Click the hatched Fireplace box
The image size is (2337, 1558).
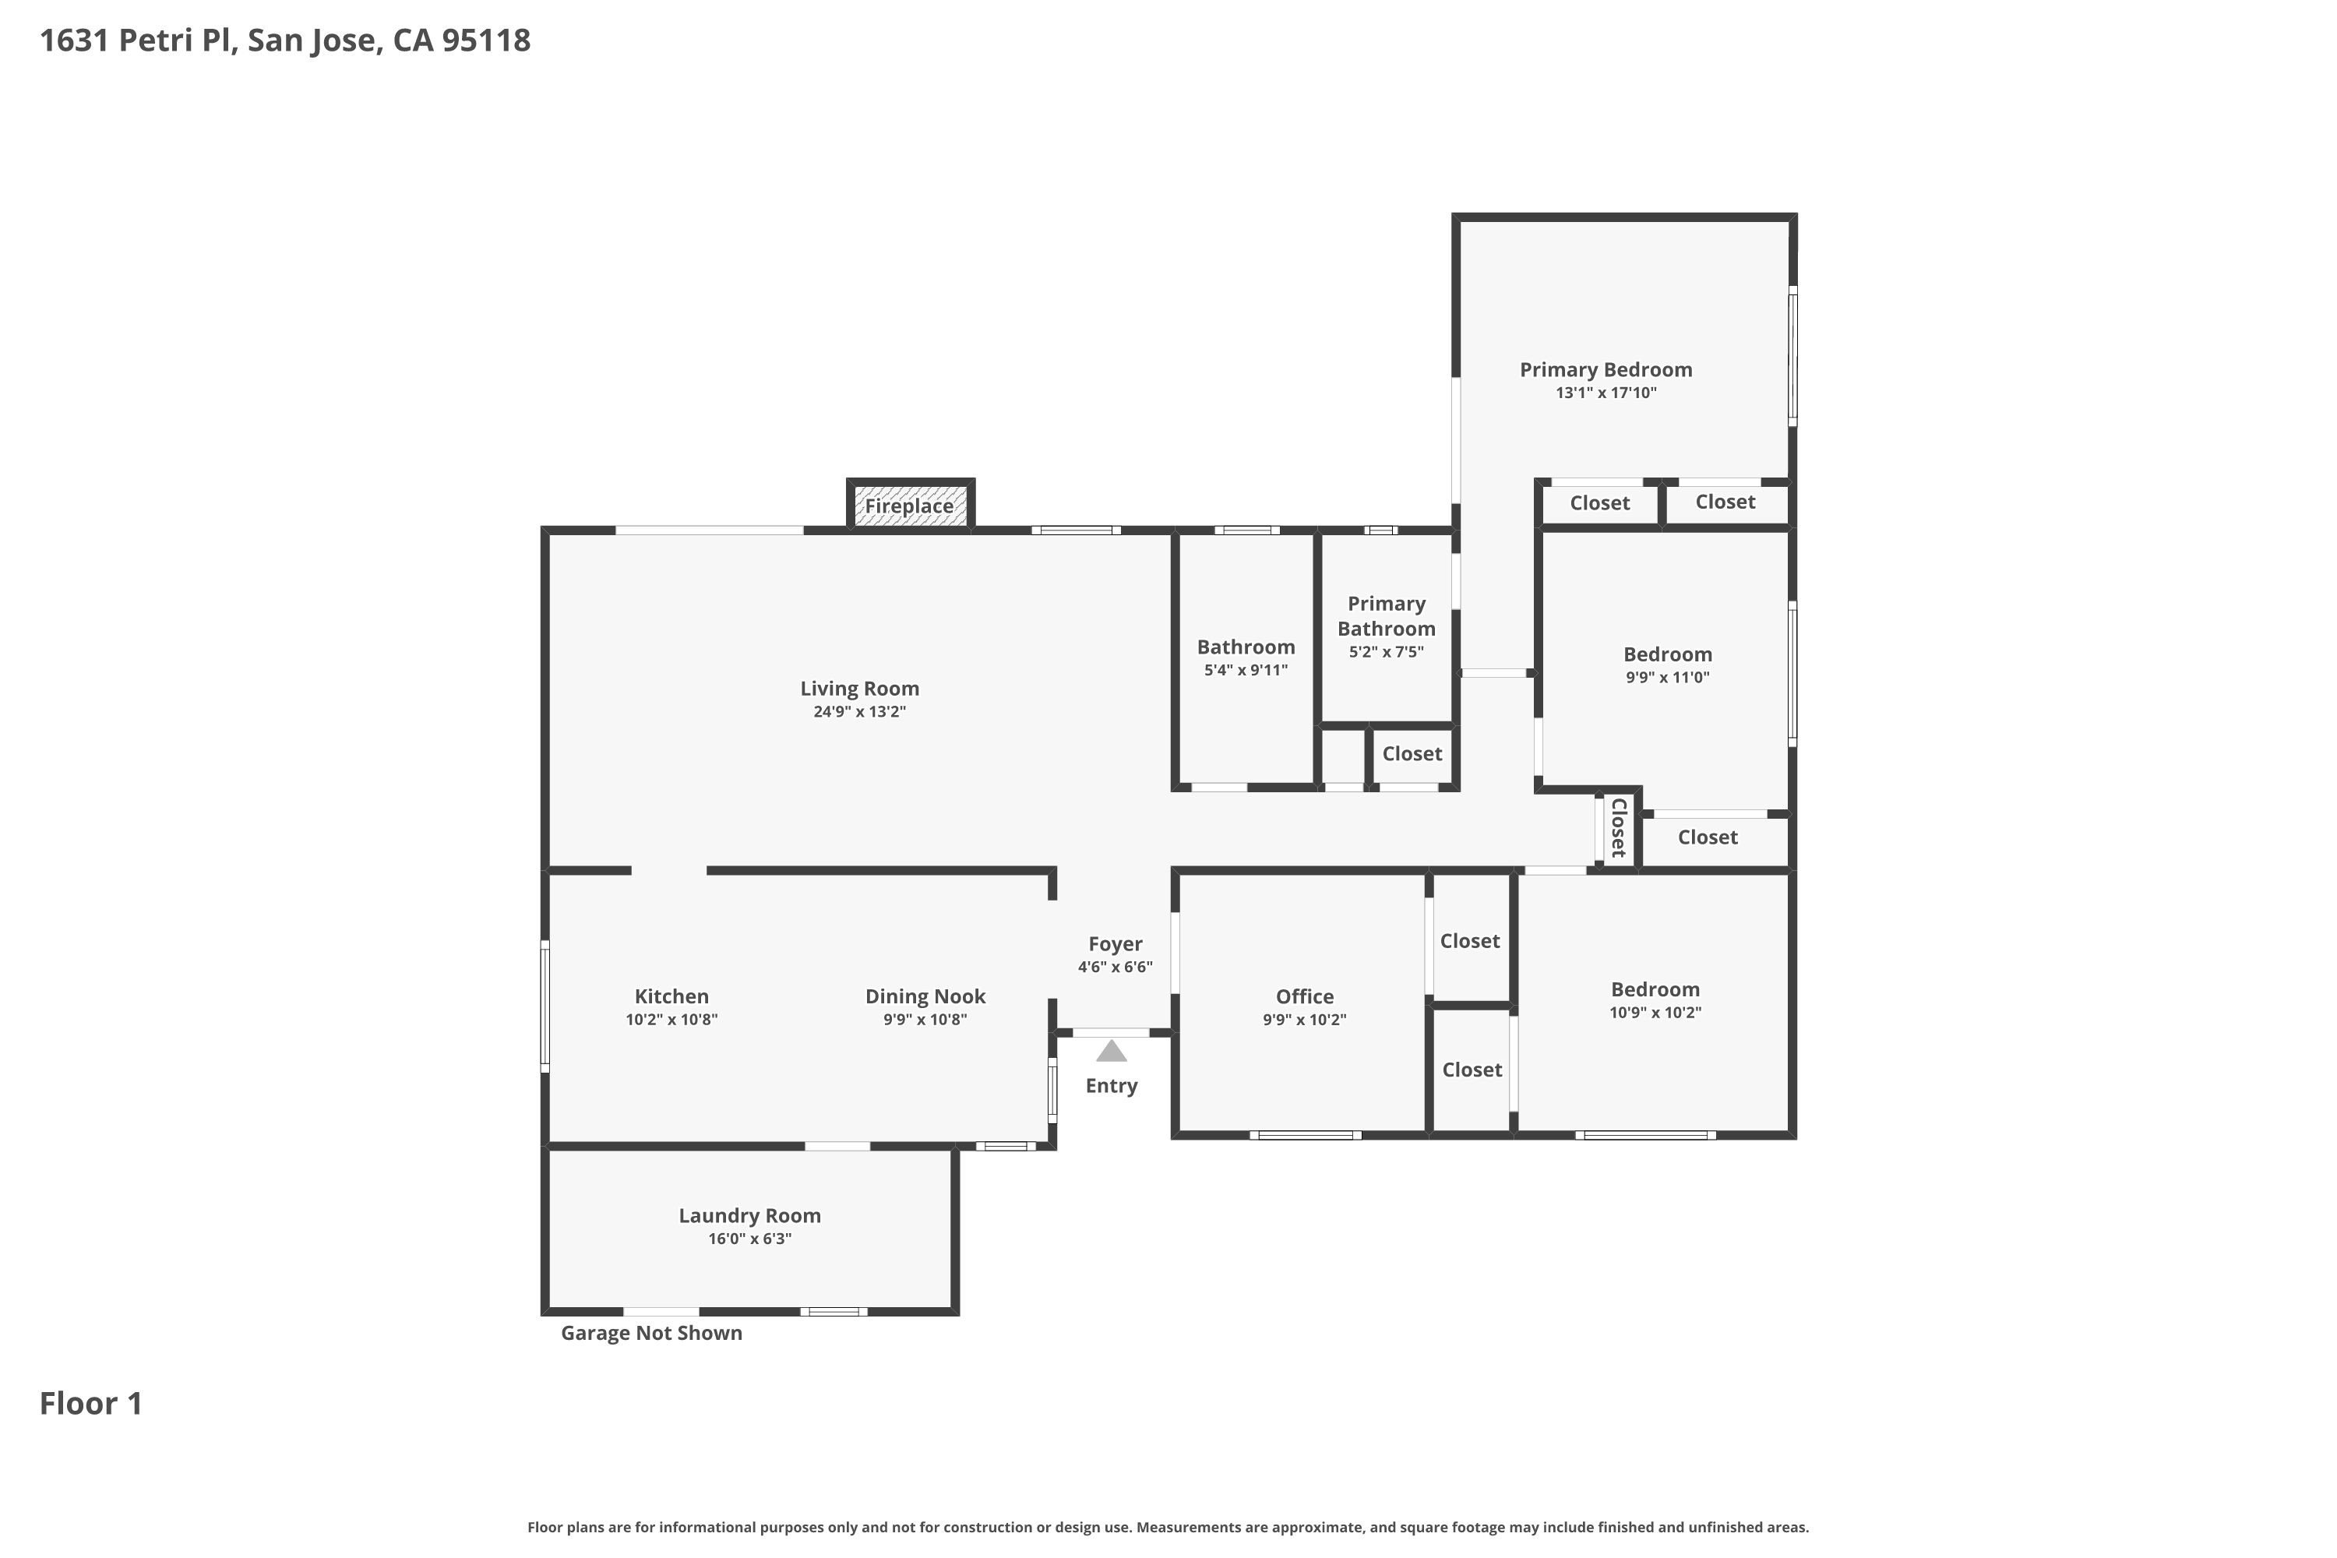tap(910, 505)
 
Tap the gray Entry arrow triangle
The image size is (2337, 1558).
tap(1111, 1050)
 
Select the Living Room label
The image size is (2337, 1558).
tap(859, 689)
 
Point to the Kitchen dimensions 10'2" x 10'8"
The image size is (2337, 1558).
tap(671, 1020)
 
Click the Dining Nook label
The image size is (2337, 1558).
tap(925, 996)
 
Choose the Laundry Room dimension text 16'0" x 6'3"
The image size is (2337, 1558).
tap(750, 1239)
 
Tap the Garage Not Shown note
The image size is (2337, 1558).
tap(652, 1334)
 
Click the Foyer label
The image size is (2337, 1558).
tap(1115, 945)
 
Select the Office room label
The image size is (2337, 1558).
tap(1305, 996)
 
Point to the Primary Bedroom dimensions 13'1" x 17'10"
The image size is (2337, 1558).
tap(1606, 393)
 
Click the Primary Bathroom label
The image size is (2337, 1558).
tap(1386, 616)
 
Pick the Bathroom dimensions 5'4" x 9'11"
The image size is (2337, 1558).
tap(1246, 670)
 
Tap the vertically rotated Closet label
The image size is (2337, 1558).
tap(1618, 827)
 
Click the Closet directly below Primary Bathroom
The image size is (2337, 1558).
tap(1412, 754)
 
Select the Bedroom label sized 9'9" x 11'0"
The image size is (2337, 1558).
tap(1667, 655)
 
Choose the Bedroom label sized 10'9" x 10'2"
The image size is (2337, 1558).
tap(1655, 989)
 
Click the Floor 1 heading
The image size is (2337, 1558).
tap(91, 1403)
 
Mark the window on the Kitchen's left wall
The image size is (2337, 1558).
tap(545, 1006)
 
